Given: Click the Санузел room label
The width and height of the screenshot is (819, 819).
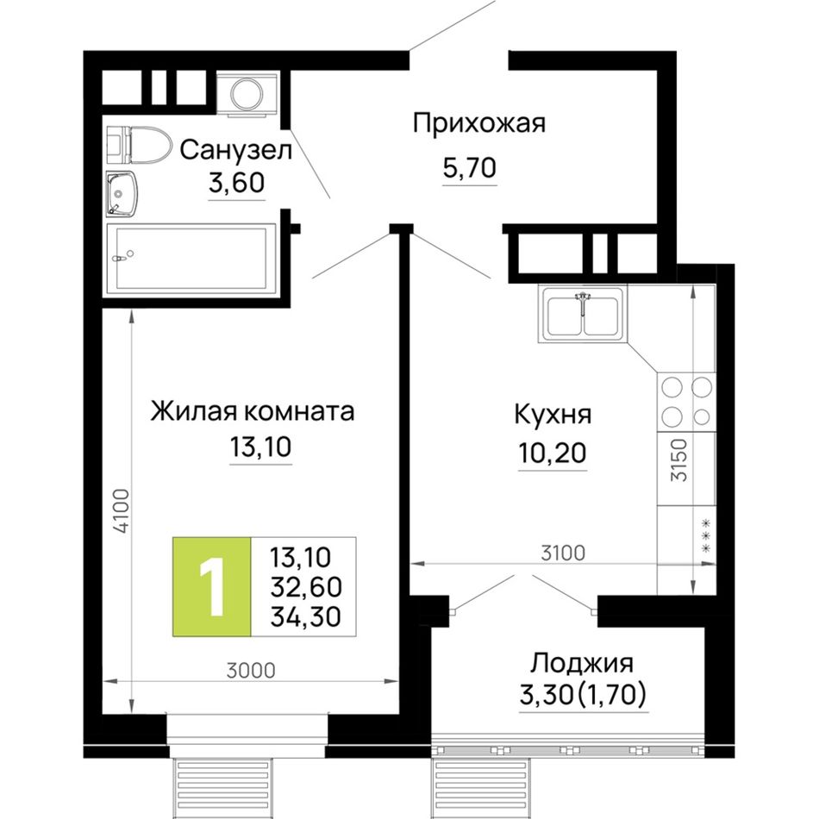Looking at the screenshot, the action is (x=235, y=150).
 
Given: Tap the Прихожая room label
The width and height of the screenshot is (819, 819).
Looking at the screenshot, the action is (x=479, y=124).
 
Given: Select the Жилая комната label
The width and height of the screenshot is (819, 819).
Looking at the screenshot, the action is (x=253, y=411).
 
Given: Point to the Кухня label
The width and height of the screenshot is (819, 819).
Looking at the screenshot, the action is (x=553, y=415).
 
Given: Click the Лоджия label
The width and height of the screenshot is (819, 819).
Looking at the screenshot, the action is (x=582, y=663).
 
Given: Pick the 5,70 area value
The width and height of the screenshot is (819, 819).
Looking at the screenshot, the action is (x=470, y=168).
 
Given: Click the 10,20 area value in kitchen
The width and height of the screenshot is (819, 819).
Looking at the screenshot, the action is (x=552, y=453).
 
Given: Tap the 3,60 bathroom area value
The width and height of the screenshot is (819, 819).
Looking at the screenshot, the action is (x=236, y=183).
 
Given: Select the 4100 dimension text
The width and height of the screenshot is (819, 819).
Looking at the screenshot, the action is (x=122, y=511).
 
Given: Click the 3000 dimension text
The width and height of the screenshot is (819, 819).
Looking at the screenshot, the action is (x=251, y=670).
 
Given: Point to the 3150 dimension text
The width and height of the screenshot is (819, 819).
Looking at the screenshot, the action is (x=679, y=460).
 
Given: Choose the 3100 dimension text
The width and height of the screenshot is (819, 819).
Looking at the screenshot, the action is (x=563, y=553).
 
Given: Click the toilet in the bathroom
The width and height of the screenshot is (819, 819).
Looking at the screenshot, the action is (x=139, y=143).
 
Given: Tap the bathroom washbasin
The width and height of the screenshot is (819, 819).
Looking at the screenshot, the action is (x=122, y=194).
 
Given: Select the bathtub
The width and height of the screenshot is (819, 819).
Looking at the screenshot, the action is (x=191, y=258).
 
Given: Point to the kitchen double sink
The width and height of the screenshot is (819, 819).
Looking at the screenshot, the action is (x=583, y=314).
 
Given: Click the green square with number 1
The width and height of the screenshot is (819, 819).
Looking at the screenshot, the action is (x=212, y=586).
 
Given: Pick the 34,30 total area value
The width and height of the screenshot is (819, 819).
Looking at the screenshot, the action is (x=305, y=616).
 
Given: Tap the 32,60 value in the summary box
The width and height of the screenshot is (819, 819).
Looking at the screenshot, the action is (x=306, y=587).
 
